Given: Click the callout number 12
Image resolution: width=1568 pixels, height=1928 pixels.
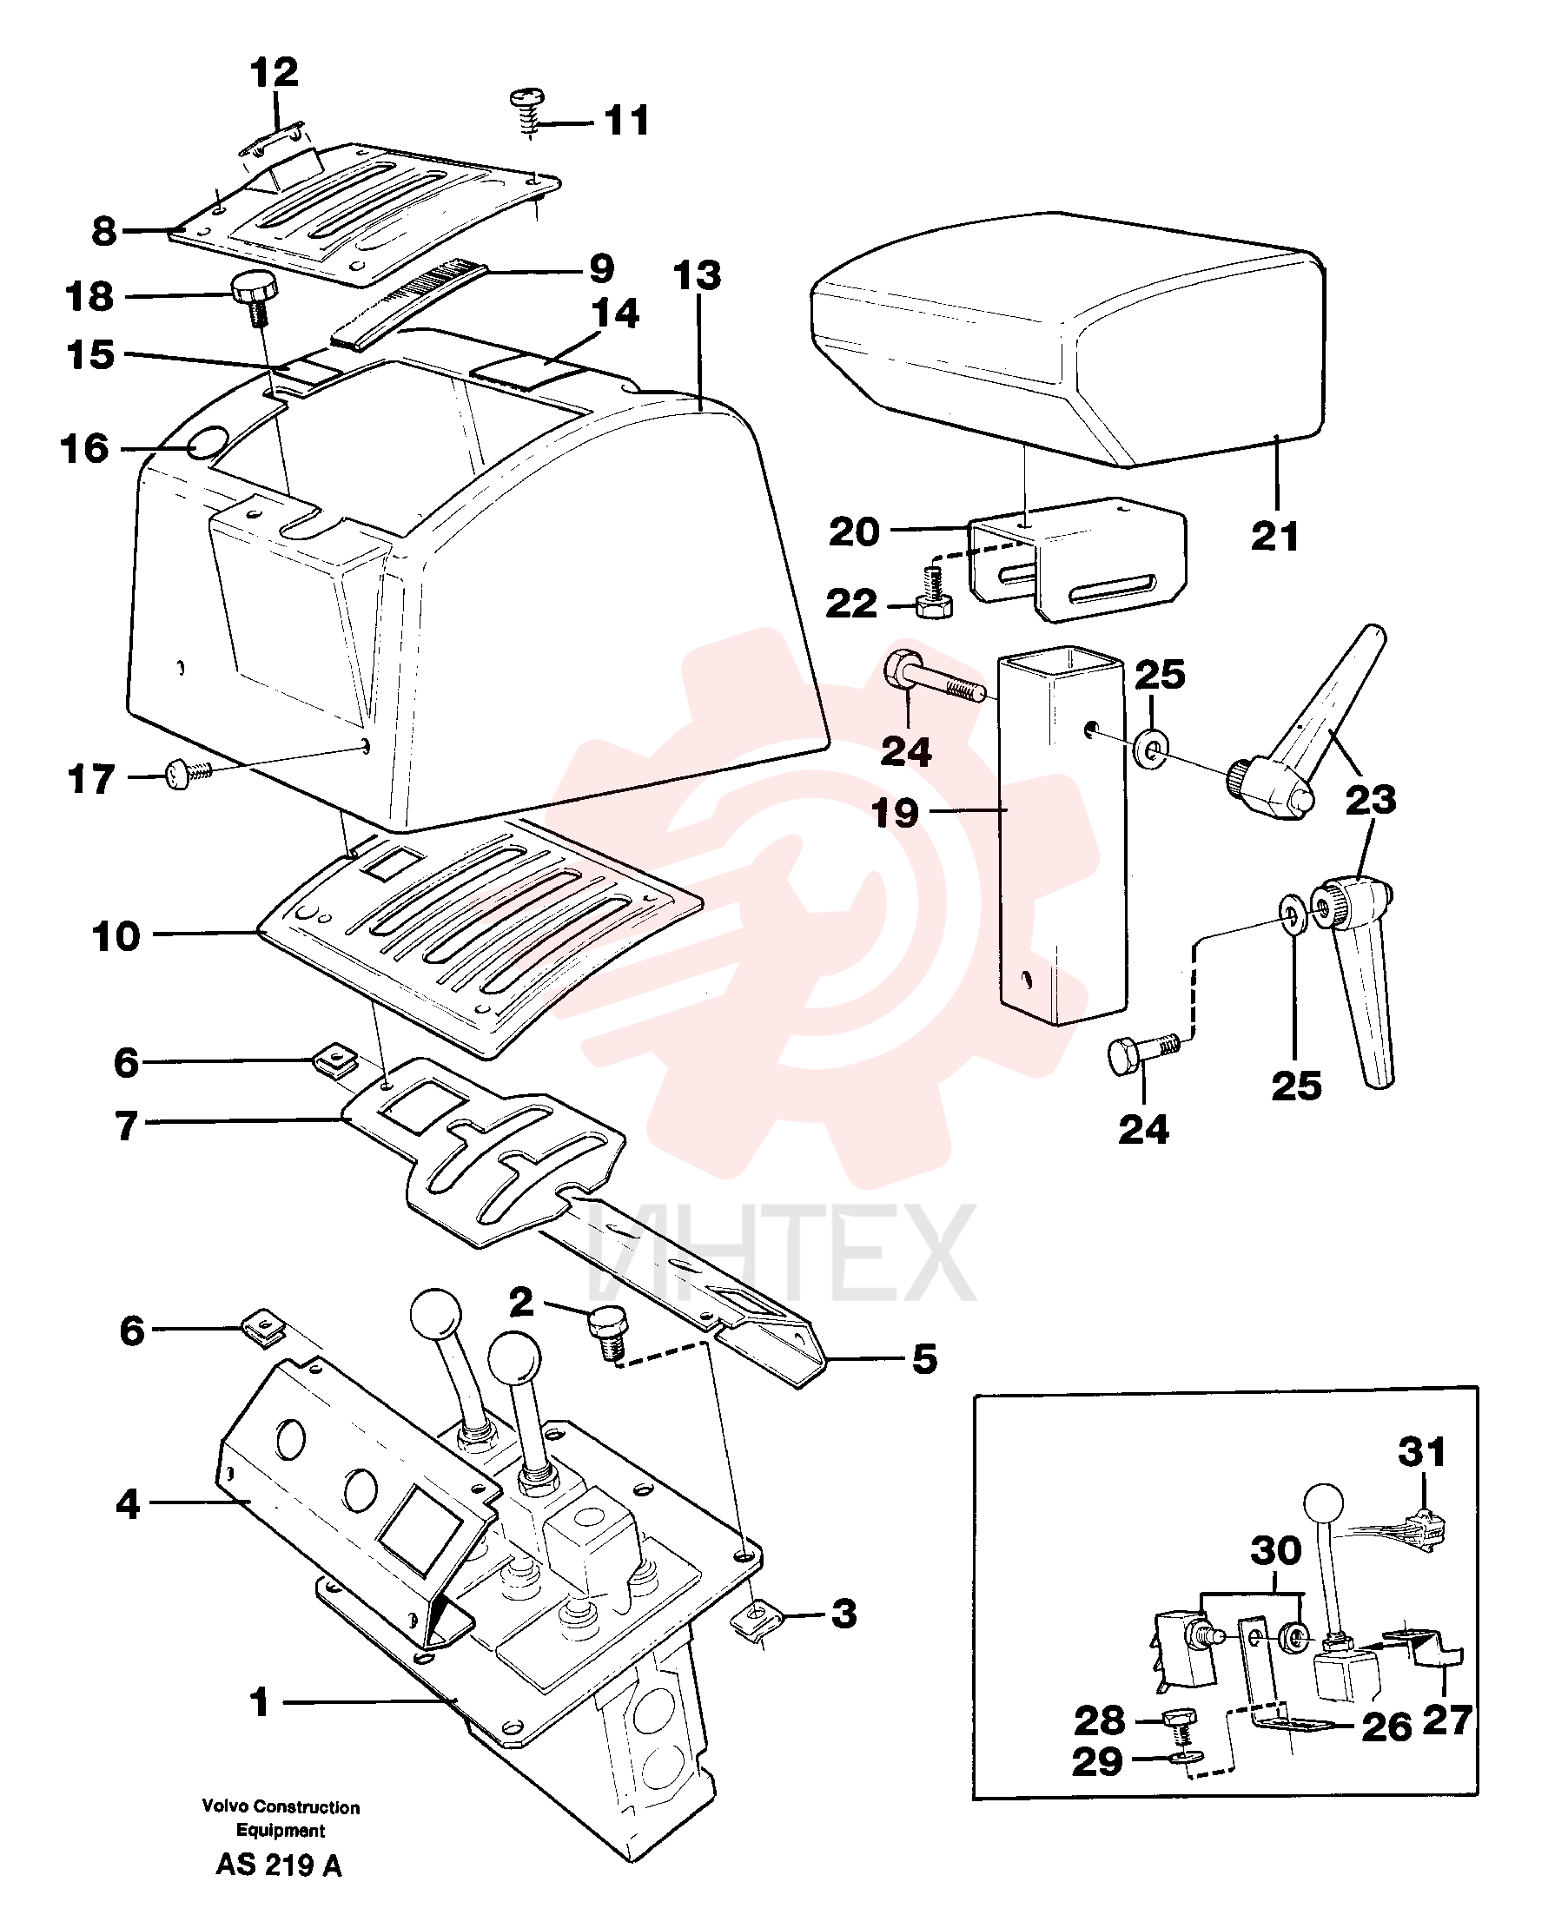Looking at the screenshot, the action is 274,72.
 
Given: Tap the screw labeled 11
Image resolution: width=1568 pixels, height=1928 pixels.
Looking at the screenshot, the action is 528,111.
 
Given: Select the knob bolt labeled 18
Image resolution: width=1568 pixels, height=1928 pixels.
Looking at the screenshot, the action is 255,299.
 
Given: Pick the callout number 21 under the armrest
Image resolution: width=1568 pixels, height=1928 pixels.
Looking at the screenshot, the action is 1274,537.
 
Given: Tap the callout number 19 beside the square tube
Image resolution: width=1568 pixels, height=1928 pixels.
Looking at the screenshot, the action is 895,813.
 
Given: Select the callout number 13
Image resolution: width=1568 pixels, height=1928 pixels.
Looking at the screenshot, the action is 698,275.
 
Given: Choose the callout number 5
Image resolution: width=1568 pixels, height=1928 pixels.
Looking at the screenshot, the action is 924,1358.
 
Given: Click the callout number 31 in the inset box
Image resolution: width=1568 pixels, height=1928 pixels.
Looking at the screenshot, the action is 1423,1452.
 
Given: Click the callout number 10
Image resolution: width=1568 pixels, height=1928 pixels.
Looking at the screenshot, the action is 116,936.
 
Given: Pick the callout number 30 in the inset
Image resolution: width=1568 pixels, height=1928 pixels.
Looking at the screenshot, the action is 1275,1550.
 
